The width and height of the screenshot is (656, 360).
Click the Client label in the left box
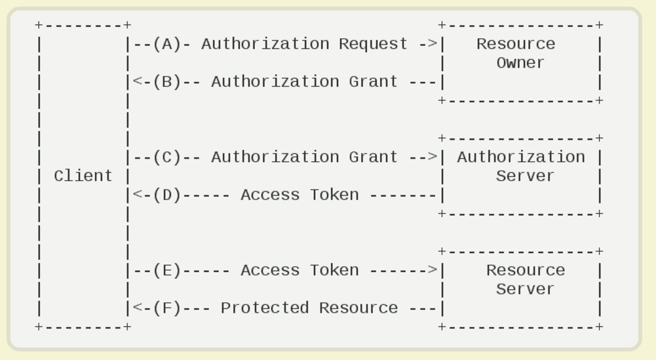[x=83, y=176]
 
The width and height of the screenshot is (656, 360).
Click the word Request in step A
[x=373, y=44]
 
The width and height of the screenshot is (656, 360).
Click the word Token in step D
[x=334, y=195]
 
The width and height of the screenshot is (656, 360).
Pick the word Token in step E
[x=334, y=271]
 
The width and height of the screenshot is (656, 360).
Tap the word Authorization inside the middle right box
[x=520, y=157]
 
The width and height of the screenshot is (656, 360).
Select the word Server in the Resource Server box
[x=525, y=289]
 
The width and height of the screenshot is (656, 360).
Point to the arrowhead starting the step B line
[x=137, y=82]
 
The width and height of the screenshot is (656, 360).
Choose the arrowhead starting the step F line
[x=137, y=308]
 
